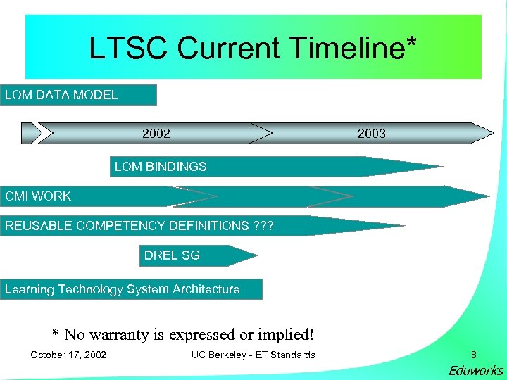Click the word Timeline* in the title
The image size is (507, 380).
tap(355, 49)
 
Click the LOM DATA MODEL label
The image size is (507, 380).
tap(61, 95)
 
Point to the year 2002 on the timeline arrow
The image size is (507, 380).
tap(156, 133)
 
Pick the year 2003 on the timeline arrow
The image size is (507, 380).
tap(372, 133)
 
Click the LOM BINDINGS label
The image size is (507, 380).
tap(161, 167)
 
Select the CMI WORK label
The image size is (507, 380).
tap(38, 196)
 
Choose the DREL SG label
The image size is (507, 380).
tap(172, 255)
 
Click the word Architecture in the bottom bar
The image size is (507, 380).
tap(204, 289)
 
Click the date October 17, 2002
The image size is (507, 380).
tap(68, 355)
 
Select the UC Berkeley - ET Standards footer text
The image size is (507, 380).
tap(253, 355)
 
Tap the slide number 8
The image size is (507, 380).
tap(474, 355)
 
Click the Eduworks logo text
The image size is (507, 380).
tap(477, 371)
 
